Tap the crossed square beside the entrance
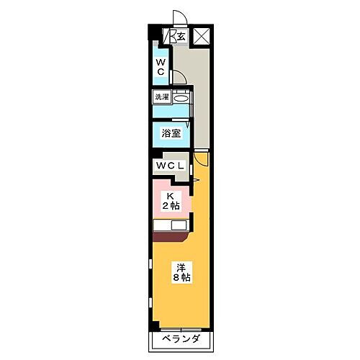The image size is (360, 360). coord(201,35)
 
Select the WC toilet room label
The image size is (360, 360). coord(161,68)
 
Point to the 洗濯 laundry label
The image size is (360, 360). coord(161,96)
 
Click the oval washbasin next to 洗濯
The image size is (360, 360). coord(181,97)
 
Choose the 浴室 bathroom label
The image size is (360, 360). coord(171,133)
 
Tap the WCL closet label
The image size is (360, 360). coord(170,166)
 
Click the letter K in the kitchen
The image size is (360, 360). coord(171,196)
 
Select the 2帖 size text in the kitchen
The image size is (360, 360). coord(171,207)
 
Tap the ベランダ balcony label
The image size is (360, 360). coord(180,340)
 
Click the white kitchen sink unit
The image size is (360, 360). coord(170,225)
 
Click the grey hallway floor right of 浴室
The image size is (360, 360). coord(202,122)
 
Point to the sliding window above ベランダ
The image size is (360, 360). coord(180,328)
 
